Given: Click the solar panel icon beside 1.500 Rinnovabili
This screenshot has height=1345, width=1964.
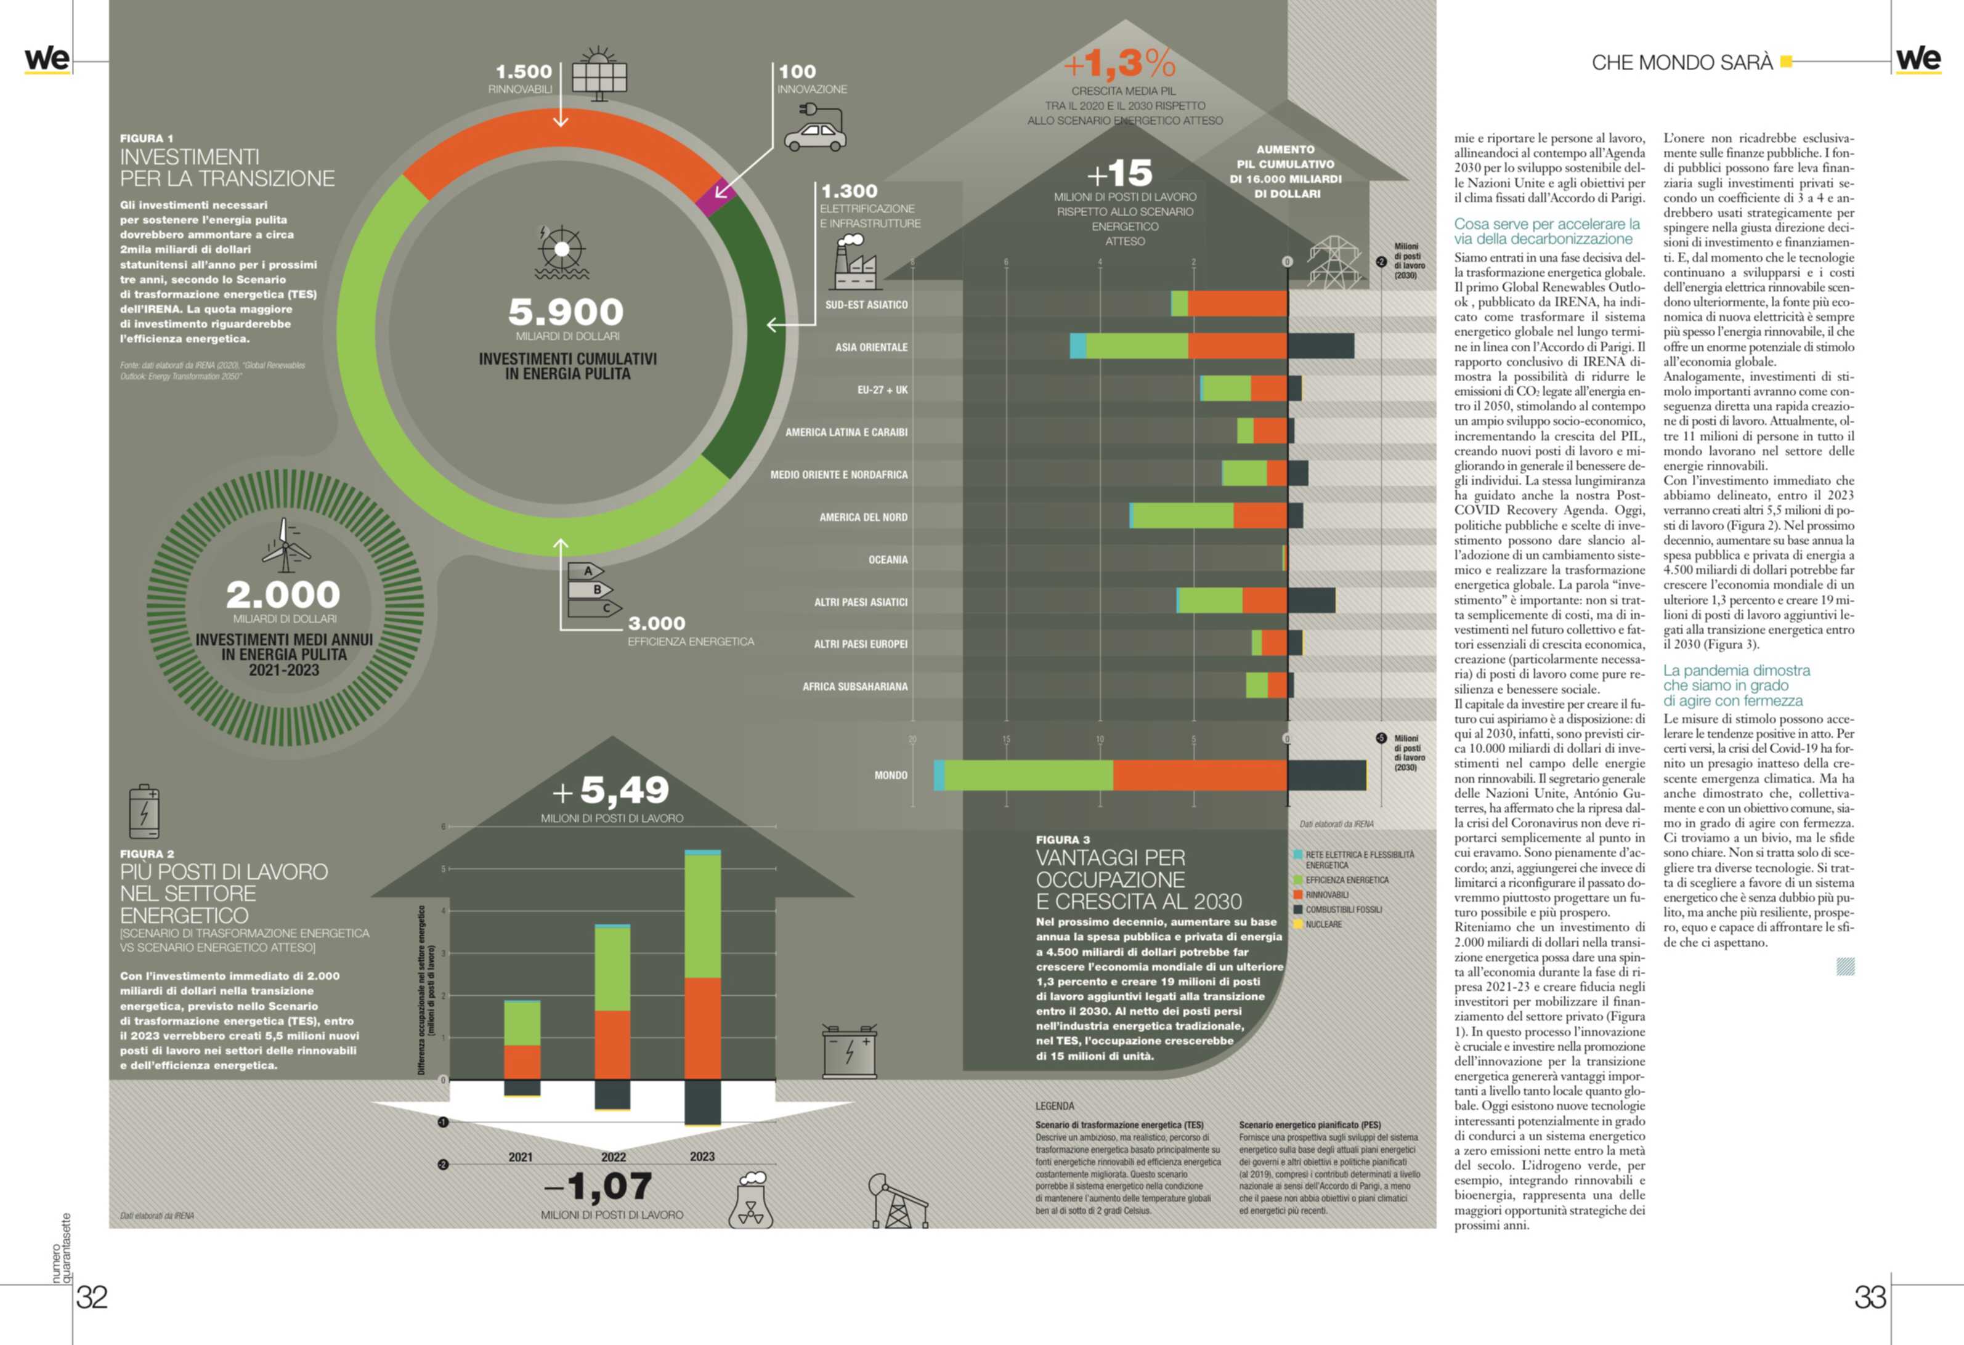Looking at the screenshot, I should (x=599, y=75).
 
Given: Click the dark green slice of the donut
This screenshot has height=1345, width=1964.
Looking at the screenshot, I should (x=747, y=338).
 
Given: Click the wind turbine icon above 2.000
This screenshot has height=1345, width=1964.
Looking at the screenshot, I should (x=285, y=543).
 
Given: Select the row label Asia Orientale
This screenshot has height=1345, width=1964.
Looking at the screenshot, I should (x=870, y=347).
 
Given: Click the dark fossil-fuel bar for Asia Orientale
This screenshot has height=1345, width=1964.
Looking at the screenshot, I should (x=1320, y=346).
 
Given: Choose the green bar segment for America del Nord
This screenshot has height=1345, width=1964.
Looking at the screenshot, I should (x=1182, y=515).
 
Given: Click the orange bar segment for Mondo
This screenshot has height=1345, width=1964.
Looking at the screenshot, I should (x=1200, y=775).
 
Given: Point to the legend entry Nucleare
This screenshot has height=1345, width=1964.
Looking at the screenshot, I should (x=1323, y=924).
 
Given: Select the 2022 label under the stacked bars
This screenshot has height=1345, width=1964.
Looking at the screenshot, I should (x=614, y=1157).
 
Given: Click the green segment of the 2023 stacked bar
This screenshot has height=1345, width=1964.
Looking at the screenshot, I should (x=702, y=916).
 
